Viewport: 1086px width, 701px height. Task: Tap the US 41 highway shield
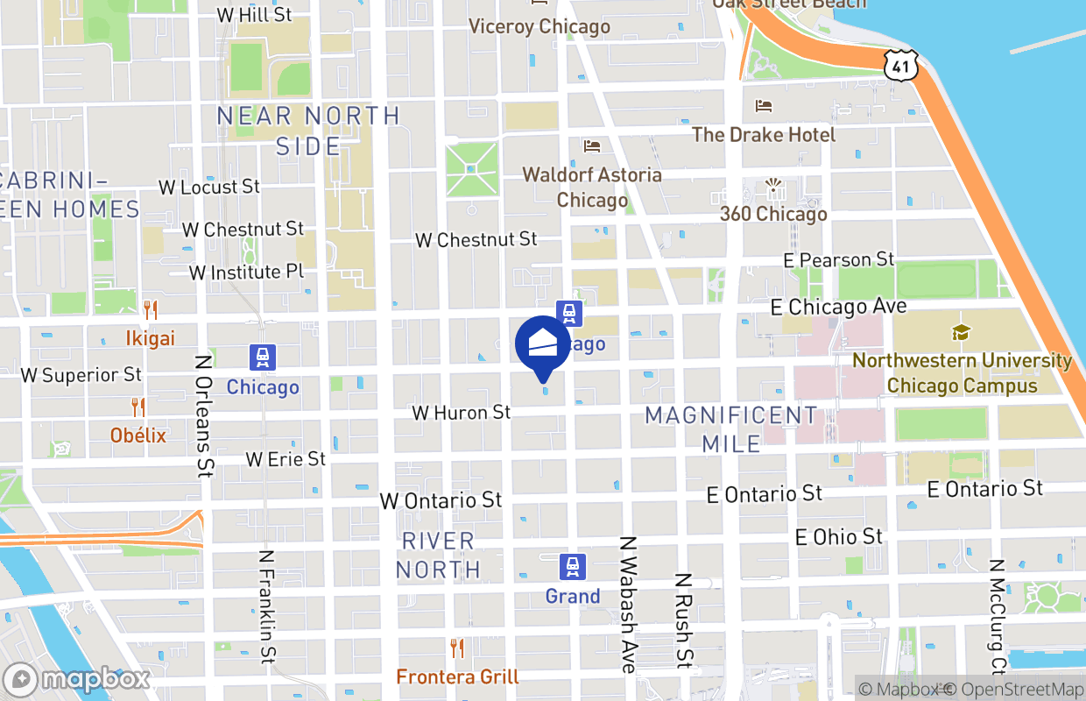point(900,64)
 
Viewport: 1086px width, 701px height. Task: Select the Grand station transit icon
point(573,567)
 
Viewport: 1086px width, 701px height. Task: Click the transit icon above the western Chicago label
point(262,358)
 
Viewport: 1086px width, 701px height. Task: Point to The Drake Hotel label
point(764,134)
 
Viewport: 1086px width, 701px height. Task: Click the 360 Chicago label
point(773,214)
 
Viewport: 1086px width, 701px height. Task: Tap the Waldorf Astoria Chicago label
point(592,188)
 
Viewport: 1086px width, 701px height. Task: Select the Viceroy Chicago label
point(539,26)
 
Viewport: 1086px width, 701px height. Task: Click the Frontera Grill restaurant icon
point(456,648)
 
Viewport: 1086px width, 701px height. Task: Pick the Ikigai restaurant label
point(150,338)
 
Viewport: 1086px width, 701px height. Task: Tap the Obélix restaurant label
point(138,435)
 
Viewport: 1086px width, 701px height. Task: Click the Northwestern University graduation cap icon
point(961,333)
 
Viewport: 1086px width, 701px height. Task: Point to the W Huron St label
point(462,412)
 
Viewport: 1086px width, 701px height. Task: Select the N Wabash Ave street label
point(628,605)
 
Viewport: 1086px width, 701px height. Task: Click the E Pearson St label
point(839,259)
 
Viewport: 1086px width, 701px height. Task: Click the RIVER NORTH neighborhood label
point(438,555)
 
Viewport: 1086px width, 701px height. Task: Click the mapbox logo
point(77,679)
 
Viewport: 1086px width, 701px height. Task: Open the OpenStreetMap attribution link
point(1021,690)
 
